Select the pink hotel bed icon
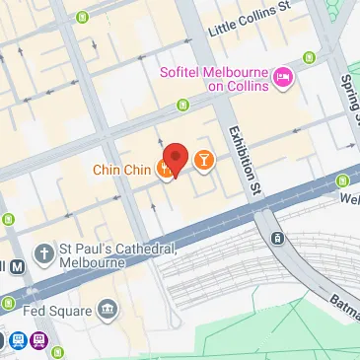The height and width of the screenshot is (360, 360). click(283, 77)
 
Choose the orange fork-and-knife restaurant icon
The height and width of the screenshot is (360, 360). click(165, 170)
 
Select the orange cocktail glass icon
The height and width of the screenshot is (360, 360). click(203, 158)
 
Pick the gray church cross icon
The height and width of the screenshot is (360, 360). click(44, 255)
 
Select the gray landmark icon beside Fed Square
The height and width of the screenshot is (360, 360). click(107, 312)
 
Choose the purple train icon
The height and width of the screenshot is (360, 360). click(38, 341)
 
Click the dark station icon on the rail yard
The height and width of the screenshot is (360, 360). click(278, 238)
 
